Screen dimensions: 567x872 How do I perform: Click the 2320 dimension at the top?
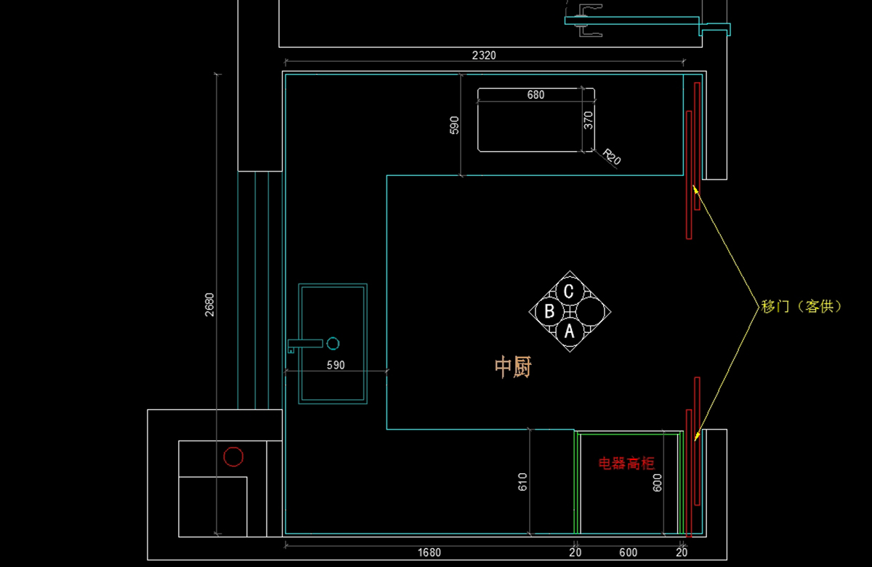pyautogui.click(x=484, y=55)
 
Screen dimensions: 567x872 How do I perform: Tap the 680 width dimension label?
pyautogui.click(x=536, y=94)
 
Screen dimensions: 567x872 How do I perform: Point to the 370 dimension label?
pyautogui.click(x=589, y=119)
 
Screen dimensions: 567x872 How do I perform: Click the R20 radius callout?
pyautogui.click(x=612, y=157)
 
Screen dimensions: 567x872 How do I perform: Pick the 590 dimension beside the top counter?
pyautogui.click(x=455, y=125)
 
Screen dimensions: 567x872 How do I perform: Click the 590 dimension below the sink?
pyautogui.click(x=335, y=366)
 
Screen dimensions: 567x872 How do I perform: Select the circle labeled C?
pyautogui.click(x=569, y=291)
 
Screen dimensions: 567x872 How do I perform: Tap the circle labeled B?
pyautogui.click(x=550, y=312)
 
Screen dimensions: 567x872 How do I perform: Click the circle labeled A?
pyautogui.click(x=570, y=331)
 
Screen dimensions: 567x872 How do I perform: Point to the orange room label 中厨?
pyautogui.click(x=513, y=367)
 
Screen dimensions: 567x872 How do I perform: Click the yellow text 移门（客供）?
pyautogui.click(x=801, y=307)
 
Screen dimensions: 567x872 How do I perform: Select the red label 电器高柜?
pyautogui.click(x=626, y=463)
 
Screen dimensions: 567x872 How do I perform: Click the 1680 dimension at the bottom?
pyautogui.click(x=429, y=552)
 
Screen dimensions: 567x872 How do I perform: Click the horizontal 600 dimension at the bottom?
pyautogui.click(x=628, y=552)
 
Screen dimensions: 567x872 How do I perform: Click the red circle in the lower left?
pyautogui.click(x=233, y=457)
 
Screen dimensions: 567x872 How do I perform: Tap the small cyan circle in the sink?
pyautogui.click(x=334, y=342)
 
